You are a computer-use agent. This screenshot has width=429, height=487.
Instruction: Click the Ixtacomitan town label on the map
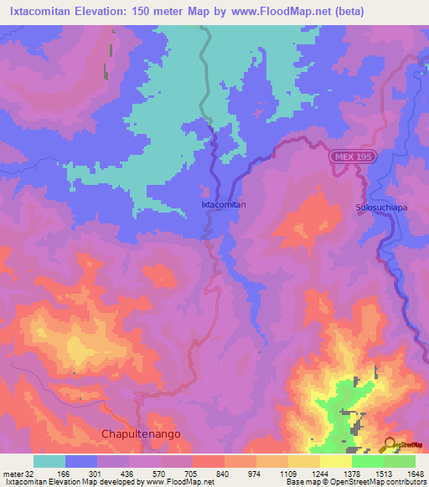[x=224, y=203]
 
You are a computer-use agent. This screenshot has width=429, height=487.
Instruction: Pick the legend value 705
[x=191, y=473]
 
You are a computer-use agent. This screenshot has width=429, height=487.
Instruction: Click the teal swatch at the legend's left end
[x=49, y=461]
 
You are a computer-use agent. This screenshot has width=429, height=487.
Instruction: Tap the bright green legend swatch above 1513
[x=367, y=461]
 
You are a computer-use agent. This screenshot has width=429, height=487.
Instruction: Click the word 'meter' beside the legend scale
[x=12, y=473]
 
